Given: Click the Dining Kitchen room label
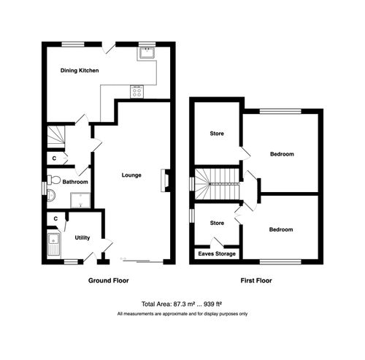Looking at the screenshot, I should [79, 71].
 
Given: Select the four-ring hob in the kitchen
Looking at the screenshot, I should [137, 91].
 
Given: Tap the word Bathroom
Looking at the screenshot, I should [75, 182].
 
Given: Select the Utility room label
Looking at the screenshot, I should [82, 237].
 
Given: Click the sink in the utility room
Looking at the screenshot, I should [53, 244].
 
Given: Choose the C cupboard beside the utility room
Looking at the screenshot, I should [55, 218].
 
